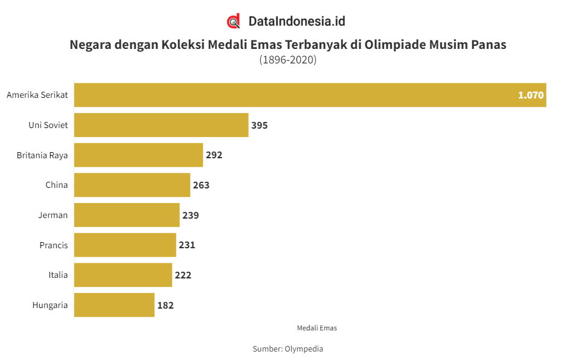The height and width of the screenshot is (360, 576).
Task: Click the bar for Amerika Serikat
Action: pyautogui.click(x=310, y=95)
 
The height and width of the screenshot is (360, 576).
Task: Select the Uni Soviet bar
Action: pyautogui.click(x=161, y=125)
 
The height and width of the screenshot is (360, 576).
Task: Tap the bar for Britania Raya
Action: pyautogui.click(x=138, y=155)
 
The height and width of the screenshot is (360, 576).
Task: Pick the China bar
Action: pyautogui.click(x=132, y=185)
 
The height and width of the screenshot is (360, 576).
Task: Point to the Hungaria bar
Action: pyautogui.click(x=114, y=305)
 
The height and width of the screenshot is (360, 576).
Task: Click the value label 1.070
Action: pyautogui.click(x=531, y=95)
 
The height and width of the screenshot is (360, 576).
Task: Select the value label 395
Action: pyautogui.click(x=259, y=125)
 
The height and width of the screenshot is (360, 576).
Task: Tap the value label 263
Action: pyautogui.click(x=201, y=185)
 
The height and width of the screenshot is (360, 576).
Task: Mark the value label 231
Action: pyautogui.click(x=187, y=245)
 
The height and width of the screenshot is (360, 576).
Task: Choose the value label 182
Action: pyautogui.click(x=165, y=305)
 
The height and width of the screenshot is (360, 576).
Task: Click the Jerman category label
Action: pyautogui.click(x=53, y=215)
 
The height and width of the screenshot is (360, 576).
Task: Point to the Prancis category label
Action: pyautogui.click(x=54, y=245)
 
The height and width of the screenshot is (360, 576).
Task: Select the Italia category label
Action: pyautogui.click(x=58, y=275)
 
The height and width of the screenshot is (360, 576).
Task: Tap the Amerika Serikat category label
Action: pyautogui.click(x=37, y=95)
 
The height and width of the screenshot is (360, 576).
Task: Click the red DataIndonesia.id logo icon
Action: pyautogui.click(x=234, y=21)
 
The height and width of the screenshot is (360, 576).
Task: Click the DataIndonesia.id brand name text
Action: pyautogui.click(x=297, y=21)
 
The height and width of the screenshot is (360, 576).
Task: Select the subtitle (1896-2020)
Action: pyautogui.click(x=288, y=60)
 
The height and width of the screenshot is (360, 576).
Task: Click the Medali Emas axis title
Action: pyautogui.click(x=317, y=328)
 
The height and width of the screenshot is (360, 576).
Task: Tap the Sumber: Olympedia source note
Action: pyautogui.click(x=288, y=349)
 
